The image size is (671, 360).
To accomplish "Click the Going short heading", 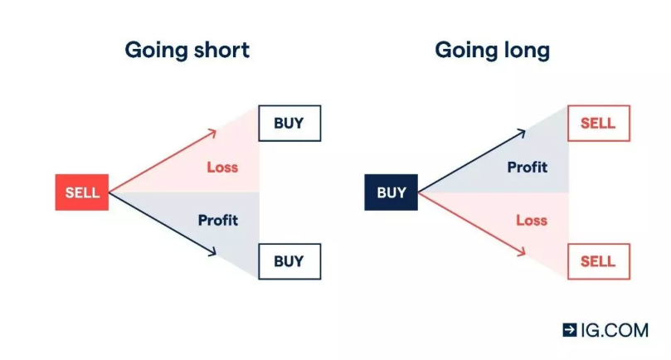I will click(x=187, y=50).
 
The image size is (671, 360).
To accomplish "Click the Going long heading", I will click(x=492, y=50).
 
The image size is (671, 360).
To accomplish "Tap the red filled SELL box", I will click(x=82, y=192).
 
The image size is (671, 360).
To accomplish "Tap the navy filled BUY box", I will click(x=391, y=192).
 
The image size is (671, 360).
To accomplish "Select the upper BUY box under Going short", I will click(x=289, y=124).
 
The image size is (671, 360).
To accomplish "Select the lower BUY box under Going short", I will click(x=289, y=261).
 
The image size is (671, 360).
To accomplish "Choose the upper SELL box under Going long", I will click(x=598, y=124).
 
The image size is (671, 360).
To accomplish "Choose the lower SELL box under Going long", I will click(x=598, y=261).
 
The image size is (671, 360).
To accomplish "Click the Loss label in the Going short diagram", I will click(x=222, y=167).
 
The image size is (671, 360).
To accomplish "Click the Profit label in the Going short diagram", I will click(x=217, y=220).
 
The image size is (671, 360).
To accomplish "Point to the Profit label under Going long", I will click(x=528, y=167).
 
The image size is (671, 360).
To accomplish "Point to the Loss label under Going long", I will click(x=532, y=220).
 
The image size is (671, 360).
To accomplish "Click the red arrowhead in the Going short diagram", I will click(x=213, y=132).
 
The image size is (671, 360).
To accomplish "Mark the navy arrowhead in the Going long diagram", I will click(x=522, y=132).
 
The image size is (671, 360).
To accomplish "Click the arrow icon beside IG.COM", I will click(x=570, y=329).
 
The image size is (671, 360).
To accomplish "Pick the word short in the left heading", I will click(x=218, y=50).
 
